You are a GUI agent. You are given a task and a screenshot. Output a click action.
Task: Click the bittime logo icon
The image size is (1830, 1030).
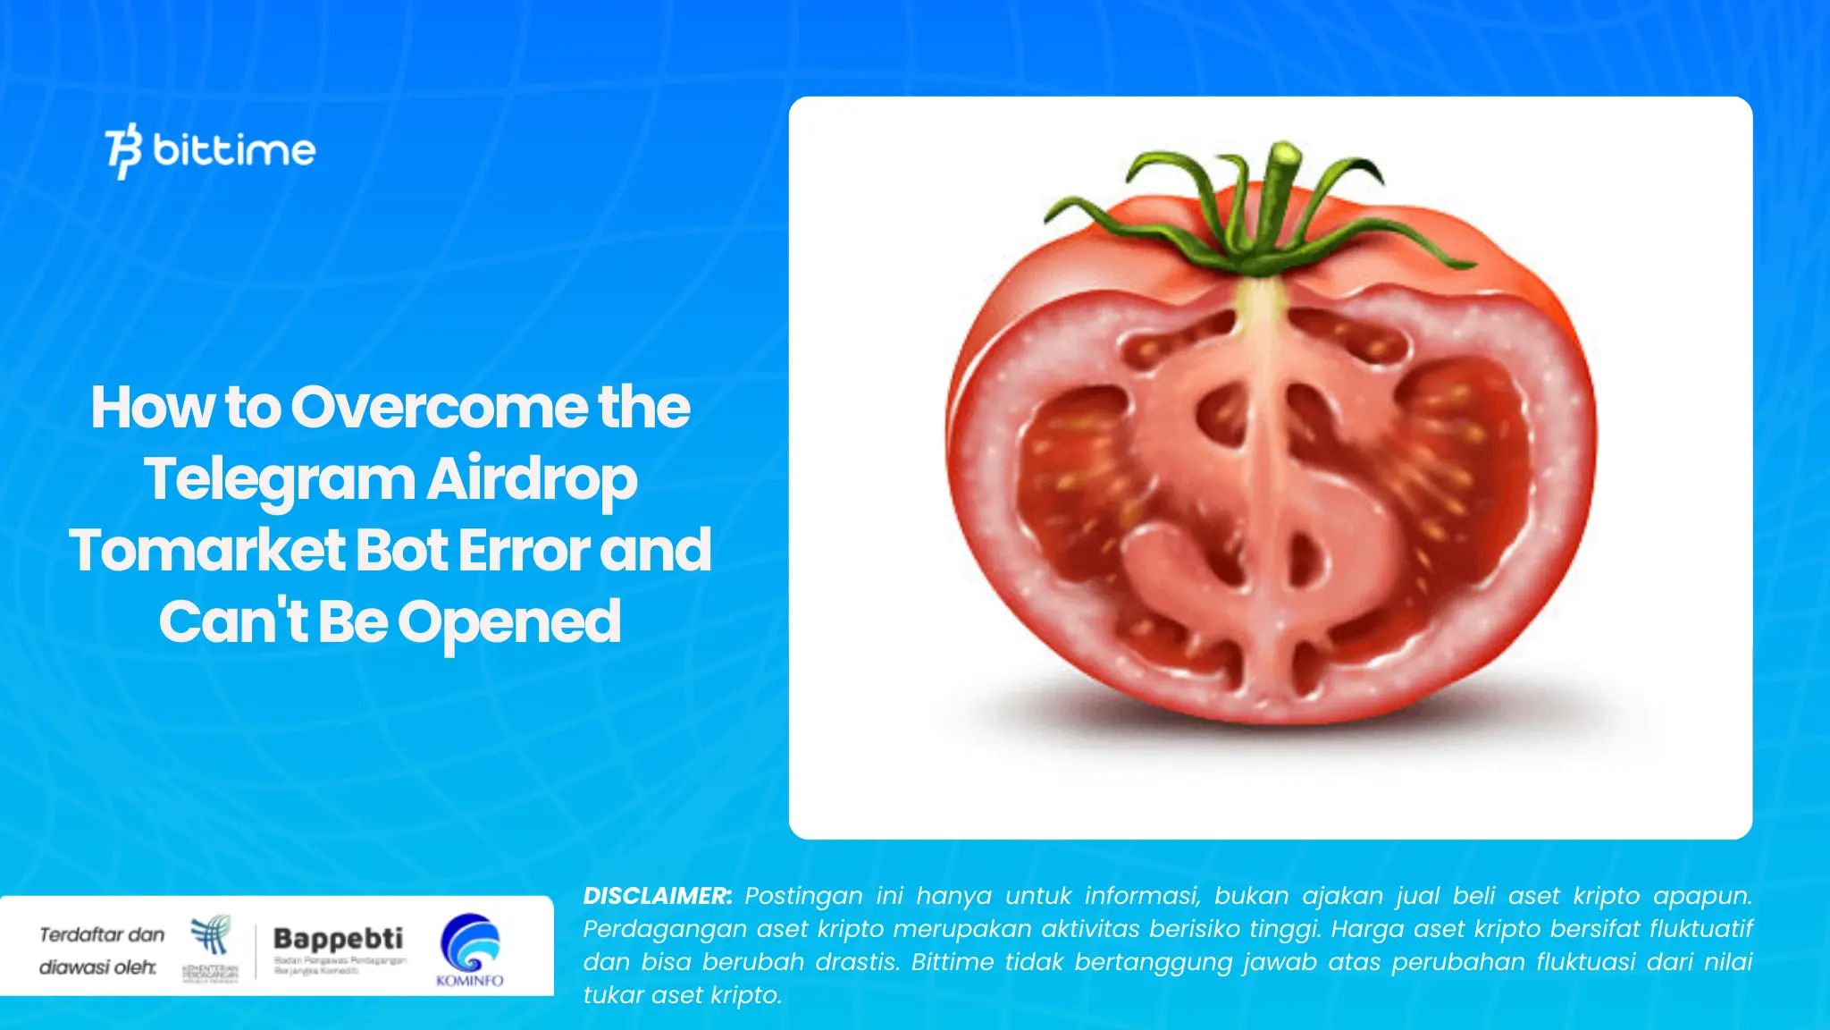tap(123, 150)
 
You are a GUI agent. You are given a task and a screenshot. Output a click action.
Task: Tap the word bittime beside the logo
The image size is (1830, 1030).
tap(234, 149)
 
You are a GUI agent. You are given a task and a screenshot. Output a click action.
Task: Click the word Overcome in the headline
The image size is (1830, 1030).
tap(437, 408)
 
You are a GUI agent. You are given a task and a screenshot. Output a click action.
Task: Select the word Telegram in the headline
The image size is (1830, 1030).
tap(279, 480)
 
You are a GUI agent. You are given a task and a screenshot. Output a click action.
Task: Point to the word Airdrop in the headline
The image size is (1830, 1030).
tap(532, 480)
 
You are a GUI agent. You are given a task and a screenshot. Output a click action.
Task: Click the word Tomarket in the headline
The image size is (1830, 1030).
tap(206, 550)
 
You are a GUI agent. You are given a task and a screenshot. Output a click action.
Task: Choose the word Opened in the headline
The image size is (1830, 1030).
tap(509, 621)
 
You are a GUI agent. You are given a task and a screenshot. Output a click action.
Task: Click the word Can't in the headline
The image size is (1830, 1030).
tap(233, 621)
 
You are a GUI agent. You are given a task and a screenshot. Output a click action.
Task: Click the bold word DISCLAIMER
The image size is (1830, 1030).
tap(657, 896)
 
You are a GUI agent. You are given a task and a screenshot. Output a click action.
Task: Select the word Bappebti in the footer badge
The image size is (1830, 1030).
tap(338, 938)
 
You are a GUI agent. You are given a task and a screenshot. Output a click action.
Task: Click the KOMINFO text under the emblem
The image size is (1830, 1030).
tap(470, 981)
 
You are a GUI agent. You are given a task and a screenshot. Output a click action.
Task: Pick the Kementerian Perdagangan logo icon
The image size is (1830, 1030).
tap(211, 936)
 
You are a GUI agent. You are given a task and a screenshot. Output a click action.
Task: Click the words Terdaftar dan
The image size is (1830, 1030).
tap(102, 934)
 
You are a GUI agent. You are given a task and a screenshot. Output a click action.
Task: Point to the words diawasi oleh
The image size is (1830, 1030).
tap(97, 967)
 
